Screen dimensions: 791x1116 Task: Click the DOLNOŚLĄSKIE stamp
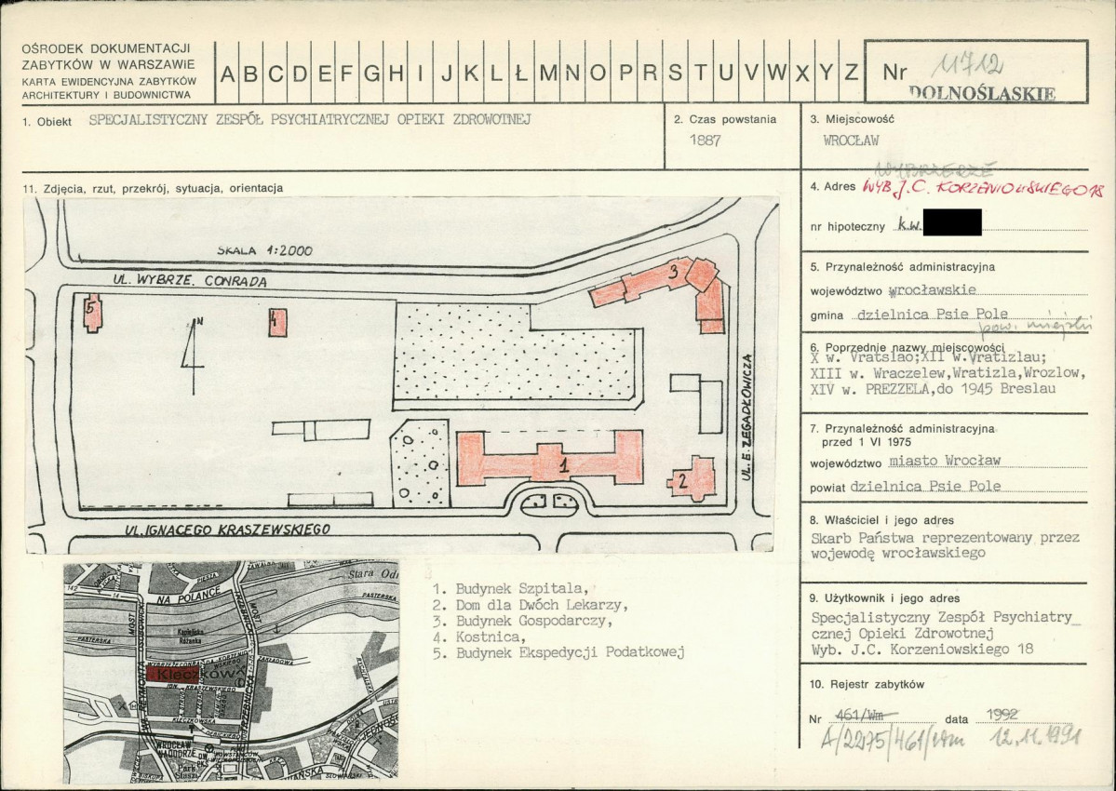click(x=982, y=93)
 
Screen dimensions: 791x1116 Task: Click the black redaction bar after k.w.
click(x=948, y=222)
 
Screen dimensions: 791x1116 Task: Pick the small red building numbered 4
click(x=277, y=322)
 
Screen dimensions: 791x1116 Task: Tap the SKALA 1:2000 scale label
click(x=264, y=250)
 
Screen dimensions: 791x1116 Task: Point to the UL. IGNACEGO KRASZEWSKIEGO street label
click(x=228, y=530)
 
